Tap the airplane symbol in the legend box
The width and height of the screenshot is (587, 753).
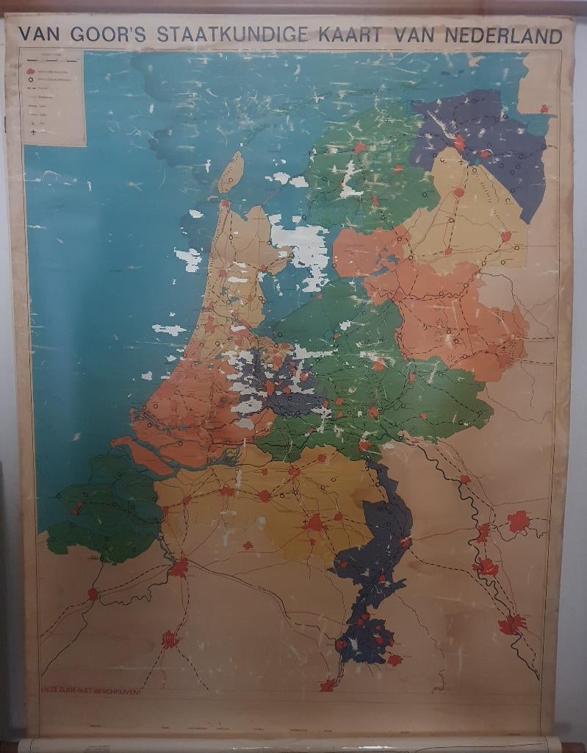click(x=32, y=132)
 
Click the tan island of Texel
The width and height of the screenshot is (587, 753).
click(x=231, y=173)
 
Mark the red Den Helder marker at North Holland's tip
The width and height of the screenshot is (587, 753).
click(x=226, y=204)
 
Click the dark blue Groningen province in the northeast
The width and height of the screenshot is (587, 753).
click(x=485, y=147)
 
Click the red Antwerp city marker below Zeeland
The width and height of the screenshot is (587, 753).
click(x=179, y=568)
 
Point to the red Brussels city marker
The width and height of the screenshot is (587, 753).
click(x=170, y=639)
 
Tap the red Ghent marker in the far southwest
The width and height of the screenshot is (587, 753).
click(x=93, y=593)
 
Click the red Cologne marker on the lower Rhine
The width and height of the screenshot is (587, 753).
click(x=511, y=624)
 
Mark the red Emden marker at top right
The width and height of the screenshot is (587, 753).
click(x=544, y=109)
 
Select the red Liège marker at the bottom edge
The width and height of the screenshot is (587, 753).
click(x=328, y=685)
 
